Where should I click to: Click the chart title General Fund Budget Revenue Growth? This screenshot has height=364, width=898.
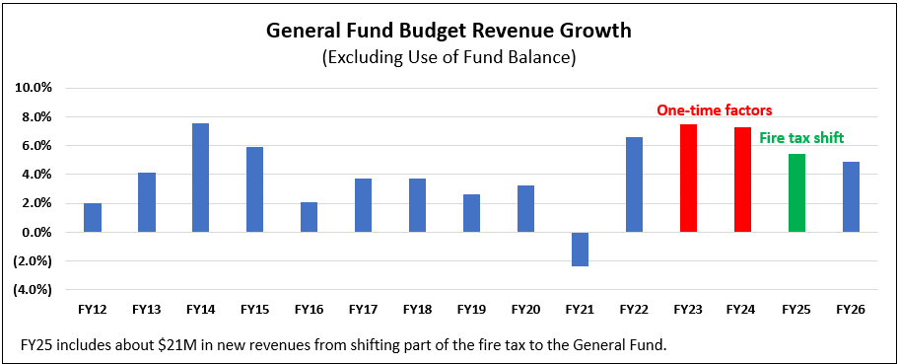[x=449, y=31]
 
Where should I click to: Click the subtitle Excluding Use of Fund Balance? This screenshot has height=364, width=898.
[x=449, y=57]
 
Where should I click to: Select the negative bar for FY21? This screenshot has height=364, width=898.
[x=580, y=250]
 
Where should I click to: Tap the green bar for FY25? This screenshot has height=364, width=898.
[x=796, y=193]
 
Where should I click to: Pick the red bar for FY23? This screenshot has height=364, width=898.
[x=688, y=179]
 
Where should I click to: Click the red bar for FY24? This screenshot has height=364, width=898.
[x=742, y=180]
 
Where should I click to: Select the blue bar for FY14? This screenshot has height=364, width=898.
[x=200, y=178]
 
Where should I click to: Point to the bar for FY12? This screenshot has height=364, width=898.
[x=92, y=218]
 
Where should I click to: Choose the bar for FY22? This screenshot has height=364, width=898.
[x=634, y=184]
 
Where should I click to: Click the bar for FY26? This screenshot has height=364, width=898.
[x=851, y=197]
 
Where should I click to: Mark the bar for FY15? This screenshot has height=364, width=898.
[x=254, y=189]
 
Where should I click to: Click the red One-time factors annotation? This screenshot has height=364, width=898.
[x=715, y=110]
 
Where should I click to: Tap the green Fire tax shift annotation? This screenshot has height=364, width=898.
[x=801, y=138]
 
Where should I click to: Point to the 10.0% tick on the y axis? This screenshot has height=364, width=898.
[x=33, y=88]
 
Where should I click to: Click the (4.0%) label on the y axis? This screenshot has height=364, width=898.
[x=33, y=290]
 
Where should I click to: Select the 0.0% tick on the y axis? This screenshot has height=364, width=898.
[x=34, y=233]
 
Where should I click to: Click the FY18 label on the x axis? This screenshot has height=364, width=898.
[x=417, y=309]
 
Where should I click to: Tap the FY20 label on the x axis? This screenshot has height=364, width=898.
[x=525, y=309]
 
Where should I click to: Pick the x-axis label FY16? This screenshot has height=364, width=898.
[x=309, y=309]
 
